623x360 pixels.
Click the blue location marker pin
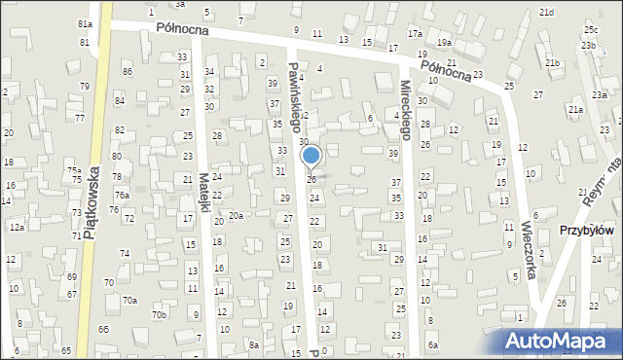pyautogui.click(x=311, y=156)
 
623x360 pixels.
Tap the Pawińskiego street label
pyautogui.click(x=296, y=92)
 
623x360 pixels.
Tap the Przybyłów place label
pyautogui.click(x=586, y=231)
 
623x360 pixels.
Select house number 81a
pyautogui.click(x=85, y=23)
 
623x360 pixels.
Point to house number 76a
pyautogui.click(x=121, y=196)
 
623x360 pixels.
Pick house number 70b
pyautogui.click(x=160, y=314)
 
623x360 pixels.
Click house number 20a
pyautogui.click(x=236, y=214)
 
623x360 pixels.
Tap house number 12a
pyautogui.click(x=17, y=227)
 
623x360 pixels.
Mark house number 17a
pyautogui.click(x=416, y=33)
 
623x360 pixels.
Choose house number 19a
pyautogui.click(x=444, y=43)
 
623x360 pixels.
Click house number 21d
pyautogui.click(x=547, y=12)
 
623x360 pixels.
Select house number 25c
pyautogui.click(x=591, y=31)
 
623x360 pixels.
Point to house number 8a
pyautogui.click(x=253, y=344)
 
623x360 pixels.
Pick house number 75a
pyautogui.click(x=74, y=170)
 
